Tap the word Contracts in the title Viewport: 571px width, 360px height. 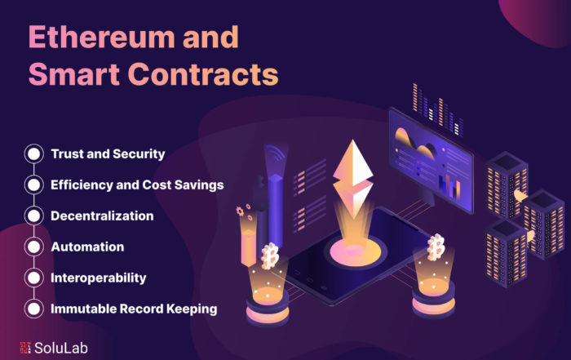[204, 74]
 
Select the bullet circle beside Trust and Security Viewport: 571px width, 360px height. [34, 153]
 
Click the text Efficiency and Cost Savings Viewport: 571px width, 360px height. [137, 184]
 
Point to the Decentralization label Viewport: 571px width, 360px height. [102, 216]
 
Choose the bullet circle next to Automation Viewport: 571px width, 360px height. [34, 247]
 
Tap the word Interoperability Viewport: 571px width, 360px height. [99, 278]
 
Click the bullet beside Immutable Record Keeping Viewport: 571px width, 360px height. [34, 309]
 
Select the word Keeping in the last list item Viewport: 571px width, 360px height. [192, 309]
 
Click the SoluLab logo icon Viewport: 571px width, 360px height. [25, 348]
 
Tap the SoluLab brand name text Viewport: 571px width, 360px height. [61, 348]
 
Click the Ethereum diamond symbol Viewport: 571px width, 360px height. [352, 178]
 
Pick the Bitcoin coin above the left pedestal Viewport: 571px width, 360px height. [270, 256]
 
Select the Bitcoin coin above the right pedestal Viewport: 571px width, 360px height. [436, 248]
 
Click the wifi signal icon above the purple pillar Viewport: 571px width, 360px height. [275, 153]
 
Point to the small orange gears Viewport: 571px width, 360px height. [244, 211]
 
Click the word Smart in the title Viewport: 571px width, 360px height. [74, 74]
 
